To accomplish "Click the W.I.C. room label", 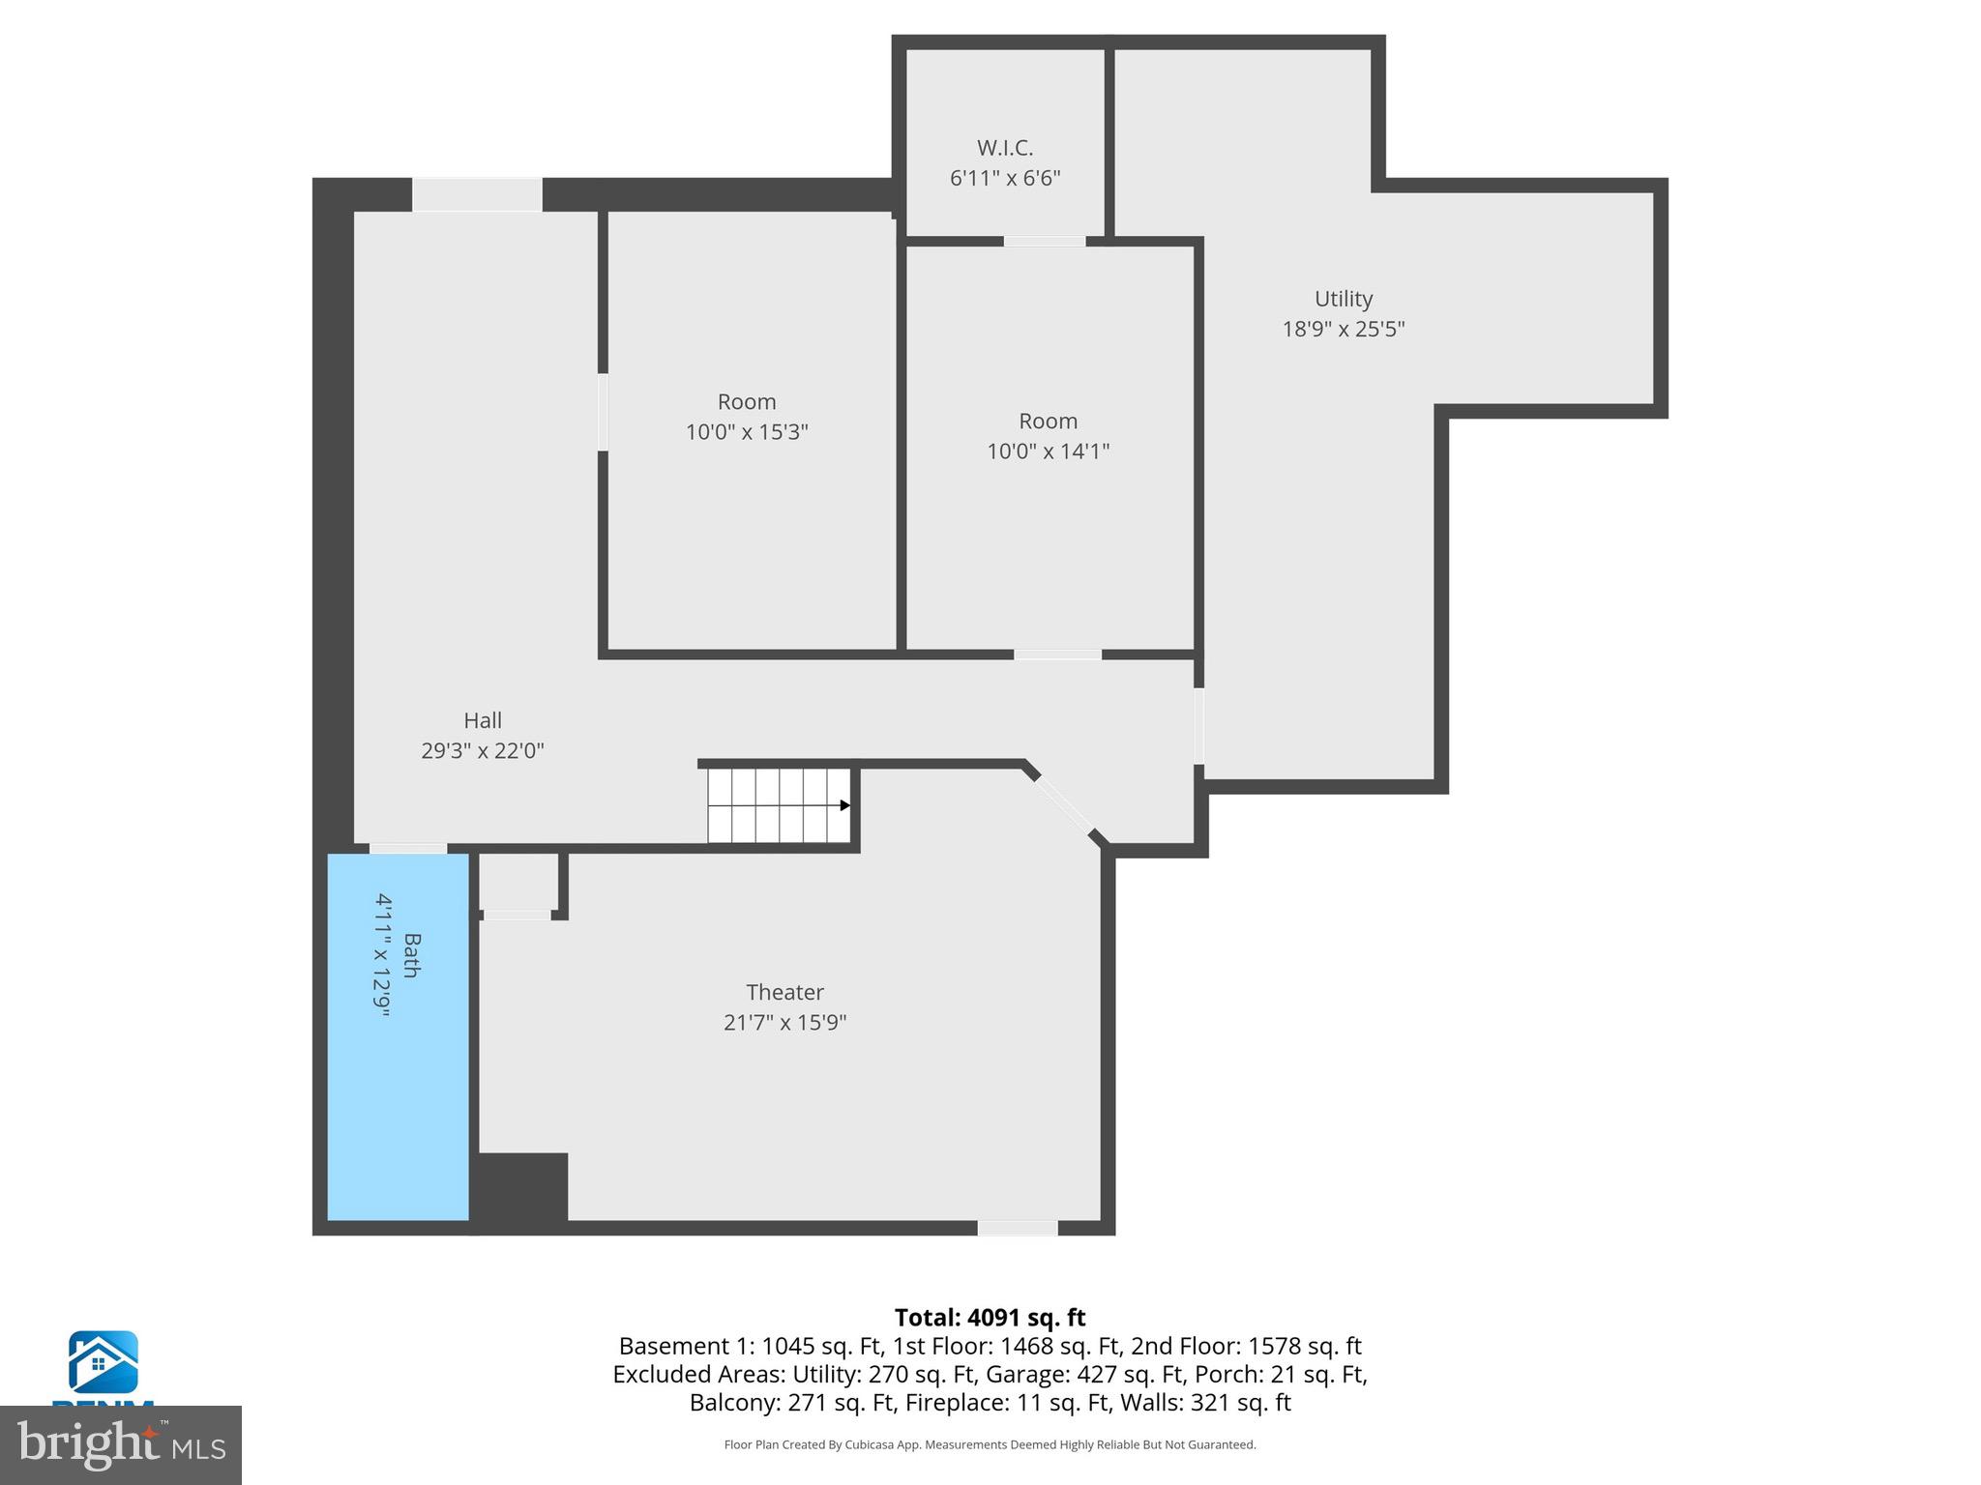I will tap(1005, 148).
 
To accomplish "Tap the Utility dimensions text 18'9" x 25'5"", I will tap(1343, 329).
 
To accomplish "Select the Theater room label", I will tap(784, 992).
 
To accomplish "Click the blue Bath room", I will tap(398, 1083).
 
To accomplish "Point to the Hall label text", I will tap(483, 720).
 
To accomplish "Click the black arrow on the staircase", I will tap(844, 805).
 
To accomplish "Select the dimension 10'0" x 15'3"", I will tap(747, 432).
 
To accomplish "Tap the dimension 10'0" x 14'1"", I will tap(1048, 451).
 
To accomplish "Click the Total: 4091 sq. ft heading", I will tap(990, 1318).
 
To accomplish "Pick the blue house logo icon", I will tap(103, 1361).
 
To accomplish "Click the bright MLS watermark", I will tap(121, 1444).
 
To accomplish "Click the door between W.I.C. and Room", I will tap(1044, 242).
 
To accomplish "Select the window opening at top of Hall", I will tap(477, 194).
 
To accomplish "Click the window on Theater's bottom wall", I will tap(1017, 1228).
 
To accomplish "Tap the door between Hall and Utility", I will tap(1199, 726).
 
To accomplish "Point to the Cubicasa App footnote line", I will tap(990, 1444).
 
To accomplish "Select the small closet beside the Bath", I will tap(518, 881).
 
